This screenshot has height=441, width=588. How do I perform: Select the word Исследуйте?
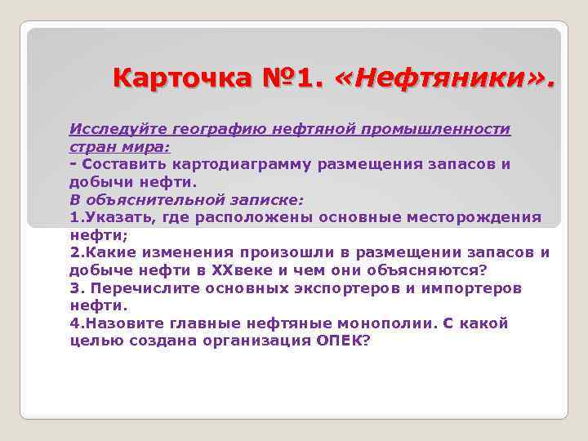[114, 130]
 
